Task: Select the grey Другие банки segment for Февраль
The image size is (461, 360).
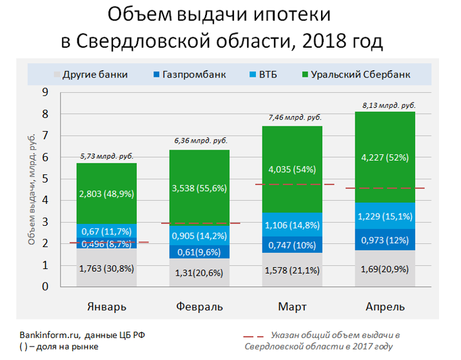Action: coord(199,273)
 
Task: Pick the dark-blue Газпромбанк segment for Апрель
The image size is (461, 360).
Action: coord(385,239)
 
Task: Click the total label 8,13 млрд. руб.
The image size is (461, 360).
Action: coord(385,105)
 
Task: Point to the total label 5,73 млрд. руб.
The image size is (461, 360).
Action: coord(97,156)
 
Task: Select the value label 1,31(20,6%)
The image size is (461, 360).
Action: coord(199,273)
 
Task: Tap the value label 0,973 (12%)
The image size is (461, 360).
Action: coord(385,240)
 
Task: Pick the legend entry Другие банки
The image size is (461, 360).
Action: coord(95,74)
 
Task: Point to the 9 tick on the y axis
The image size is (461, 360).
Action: coord(45,92)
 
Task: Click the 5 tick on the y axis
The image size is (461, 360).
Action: coord(45,179)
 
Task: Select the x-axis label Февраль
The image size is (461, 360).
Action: coord(199,306)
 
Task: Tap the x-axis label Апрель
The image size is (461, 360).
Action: coord(385,306)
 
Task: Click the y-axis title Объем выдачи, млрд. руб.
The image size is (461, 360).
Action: coord(32,190)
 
